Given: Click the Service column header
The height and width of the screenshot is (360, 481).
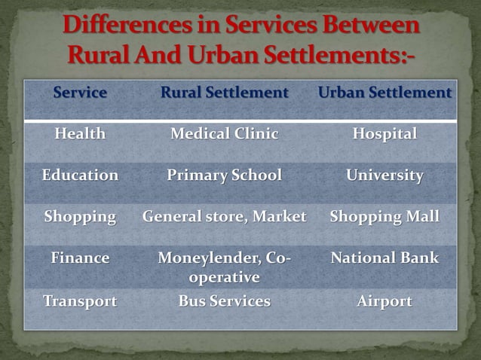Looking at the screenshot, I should pos(80,93).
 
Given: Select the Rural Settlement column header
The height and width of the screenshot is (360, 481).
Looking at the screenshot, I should pos(224,93).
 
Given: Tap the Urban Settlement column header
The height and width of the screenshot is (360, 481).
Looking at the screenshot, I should pos(384,93).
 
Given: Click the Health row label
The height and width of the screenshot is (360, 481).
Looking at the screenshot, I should pos(80,135).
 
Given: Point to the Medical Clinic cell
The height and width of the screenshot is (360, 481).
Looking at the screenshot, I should pos(224,135).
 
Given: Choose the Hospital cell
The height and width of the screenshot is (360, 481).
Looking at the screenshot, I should pos(384,135).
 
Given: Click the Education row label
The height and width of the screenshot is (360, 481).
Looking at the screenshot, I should pos(80,175).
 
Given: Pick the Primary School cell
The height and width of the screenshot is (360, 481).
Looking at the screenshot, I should pos(224,175).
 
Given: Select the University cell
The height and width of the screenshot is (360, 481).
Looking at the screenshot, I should pos(384,175).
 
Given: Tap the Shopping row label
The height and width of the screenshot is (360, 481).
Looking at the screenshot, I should pos(80,217).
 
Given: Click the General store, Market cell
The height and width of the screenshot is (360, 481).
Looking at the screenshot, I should pos(224,217).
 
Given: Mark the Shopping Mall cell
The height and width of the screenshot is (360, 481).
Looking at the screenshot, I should pos(384,217).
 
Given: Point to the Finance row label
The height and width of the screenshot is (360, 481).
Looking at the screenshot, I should pos(80,258).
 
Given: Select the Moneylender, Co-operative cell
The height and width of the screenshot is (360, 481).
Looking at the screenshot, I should pos(224,267).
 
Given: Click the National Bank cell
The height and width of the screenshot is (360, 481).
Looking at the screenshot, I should pos(384,258).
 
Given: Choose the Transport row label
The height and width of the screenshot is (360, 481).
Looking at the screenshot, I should pos(80,302).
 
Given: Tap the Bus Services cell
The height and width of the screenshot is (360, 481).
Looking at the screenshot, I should pos(224,302).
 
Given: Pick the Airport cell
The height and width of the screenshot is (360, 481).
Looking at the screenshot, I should pos(384,302).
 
